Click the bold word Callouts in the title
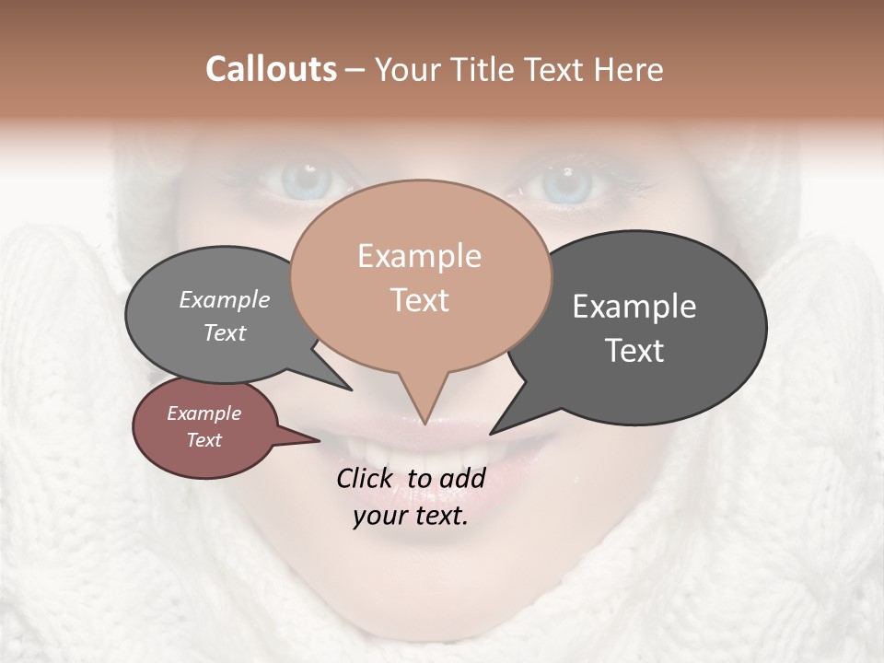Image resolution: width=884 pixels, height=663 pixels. point(271,69)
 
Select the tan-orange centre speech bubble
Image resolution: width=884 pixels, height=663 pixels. point(420,276)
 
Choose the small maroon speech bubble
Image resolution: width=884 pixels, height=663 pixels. point(204,427)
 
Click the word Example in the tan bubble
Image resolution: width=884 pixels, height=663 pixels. point(419,256)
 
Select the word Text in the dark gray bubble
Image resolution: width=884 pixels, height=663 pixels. point(634,351)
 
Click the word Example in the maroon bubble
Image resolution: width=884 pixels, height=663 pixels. point(204,413)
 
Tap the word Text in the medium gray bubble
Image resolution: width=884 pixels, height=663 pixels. point(225,333)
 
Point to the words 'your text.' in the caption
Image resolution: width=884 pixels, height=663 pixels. point(410,516)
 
